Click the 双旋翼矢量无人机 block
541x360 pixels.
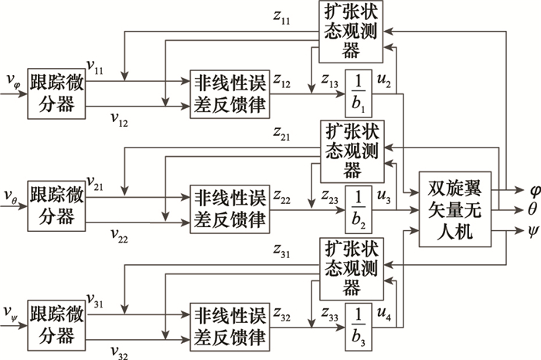(454, 208)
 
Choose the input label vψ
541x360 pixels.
(12, 312)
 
